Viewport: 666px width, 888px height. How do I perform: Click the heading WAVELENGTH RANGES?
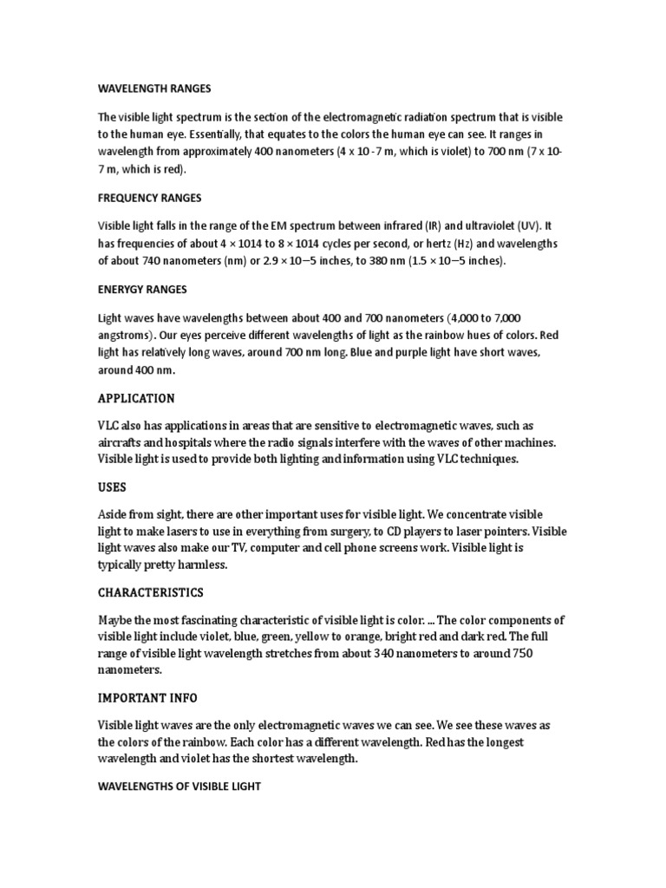click(153, 88)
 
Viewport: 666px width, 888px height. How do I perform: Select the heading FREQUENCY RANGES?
click(149, 199)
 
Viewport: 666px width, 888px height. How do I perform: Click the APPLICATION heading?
click(136, 398)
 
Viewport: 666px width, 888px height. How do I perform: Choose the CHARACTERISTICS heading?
click(151, 592)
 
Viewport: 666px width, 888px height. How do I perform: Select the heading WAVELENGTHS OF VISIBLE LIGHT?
click(179, 787)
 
